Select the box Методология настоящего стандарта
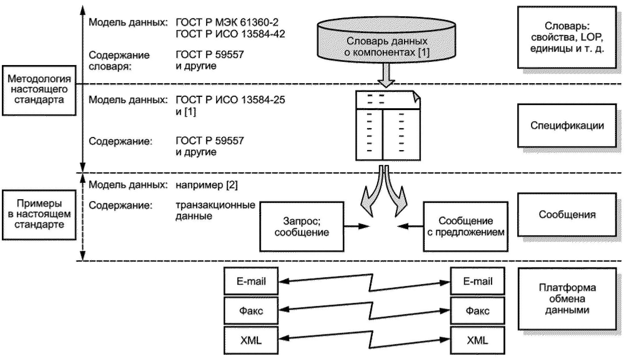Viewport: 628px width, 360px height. (x=39, y=90)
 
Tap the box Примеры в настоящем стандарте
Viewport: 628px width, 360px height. (x=39, y=215)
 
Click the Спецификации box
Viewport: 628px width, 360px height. (x=567, y=126)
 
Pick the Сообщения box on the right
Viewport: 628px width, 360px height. (x=567, y=215)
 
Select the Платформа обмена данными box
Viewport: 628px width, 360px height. (x=567, y=299)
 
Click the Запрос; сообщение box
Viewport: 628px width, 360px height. (x=302, y=226)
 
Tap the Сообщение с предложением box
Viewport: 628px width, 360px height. (x=466, y=226)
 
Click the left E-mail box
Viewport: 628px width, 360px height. (x=251, y=281)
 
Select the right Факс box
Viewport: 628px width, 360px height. (x=478, y=311)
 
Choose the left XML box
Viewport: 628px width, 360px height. (x=251, y=340)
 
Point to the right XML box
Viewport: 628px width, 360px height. (x=478, y=340)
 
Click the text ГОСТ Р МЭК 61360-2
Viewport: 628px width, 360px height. (x=227, y=22)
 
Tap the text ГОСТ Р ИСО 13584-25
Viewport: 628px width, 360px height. (x=230, y=100)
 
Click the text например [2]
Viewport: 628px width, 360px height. (x=207, y=185)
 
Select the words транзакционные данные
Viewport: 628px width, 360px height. (x=215, y=210)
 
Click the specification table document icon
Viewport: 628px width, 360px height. (x=388, y=125)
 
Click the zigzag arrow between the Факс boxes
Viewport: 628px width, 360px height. (x=364, y=311)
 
